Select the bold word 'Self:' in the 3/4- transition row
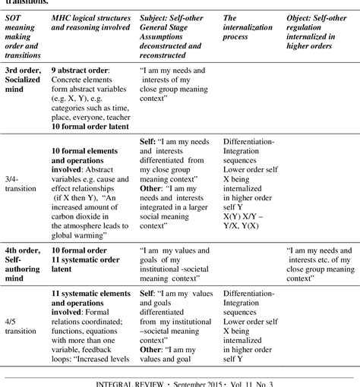coord(150,141)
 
